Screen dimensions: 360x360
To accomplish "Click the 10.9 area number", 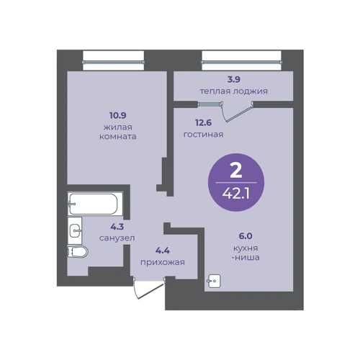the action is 118,115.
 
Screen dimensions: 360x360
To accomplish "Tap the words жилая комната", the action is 118,132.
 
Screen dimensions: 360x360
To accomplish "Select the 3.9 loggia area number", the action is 234,79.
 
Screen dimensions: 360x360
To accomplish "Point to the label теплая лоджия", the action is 234,91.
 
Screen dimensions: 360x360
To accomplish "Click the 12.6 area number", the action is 204,122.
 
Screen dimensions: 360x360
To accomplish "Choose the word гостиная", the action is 204,135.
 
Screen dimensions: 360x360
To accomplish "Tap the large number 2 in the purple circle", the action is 236,171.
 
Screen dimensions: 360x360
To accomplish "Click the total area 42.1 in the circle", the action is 236,193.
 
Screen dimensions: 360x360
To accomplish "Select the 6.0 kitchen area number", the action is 246,236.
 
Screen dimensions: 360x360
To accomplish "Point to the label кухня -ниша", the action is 246,253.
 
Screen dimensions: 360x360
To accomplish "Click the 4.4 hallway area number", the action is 163,251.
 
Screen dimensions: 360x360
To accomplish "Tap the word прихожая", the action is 163,262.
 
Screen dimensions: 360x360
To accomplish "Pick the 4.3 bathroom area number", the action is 117,226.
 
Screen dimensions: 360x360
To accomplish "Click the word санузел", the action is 117,238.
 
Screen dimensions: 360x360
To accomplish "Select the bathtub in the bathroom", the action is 93,204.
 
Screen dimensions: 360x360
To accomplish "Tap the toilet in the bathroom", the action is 78,252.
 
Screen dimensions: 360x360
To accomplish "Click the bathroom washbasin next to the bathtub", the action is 75,230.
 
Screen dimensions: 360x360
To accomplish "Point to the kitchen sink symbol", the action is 214,281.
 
